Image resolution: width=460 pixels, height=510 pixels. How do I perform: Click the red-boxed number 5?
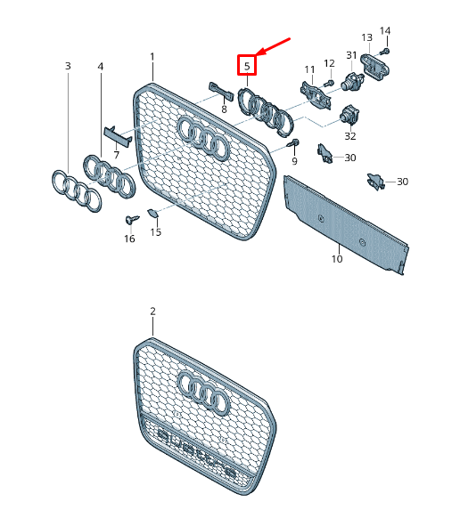coord(247,65)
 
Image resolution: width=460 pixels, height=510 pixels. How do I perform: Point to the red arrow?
coord(274,46)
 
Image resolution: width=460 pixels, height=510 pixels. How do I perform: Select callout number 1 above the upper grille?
coord(152,57)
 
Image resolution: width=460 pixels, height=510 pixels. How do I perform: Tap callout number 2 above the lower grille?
coord(152,312)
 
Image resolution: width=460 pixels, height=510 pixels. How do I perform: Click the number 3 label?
coord(67,66)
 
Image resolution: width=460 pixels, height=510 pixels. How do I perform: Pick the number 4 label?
coord(100,66)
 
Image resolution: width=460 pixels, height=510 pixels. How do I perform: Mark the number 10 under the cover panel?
coord(336,260)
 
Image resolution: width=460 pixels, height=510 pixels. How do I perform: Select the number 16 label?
coord(129,239)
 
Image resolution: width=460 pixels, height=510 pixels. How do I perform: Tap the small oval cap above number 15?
coord(152,213)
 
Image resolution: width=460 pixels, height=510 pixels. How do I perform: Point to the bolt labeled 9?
coord(294,143)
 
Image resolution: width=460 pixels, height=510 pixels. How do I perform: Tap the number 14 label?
coord(385,31)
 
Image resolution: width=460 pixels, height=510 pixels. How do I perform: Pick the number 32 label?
coord(349,136)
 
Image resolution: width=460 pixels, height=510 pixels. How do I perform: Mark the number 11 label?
coord(309,69)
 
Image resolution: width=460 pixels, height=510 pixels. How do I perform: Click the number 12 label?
coord(329,63)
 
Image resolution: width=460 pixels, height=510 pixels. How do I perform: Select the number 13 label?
coord(366,37)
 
